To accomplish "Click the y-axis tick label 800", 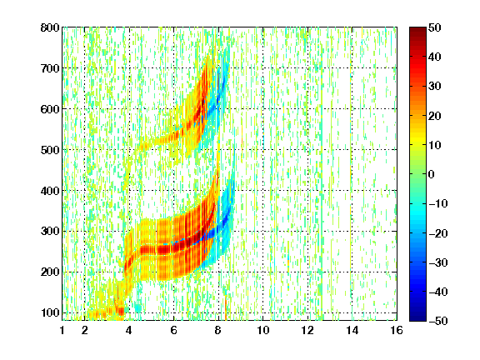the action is pyautogui.click(x=50, y=27).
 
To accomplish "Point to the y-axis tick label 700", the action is pyautogui.click(x=50, y=68).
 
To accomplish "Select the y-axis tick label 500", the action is pyautogui.click(x=50, y=150).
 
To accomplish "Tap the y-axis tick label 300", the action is pyautogui.click(x=50, y=231).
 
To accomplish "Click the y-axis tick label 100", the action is pyautogui.click(x=50, y=312).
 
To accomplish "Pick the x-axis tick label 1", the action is pyautogui.click(x=62, y=330).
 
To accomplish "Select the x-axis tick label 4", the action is pyautogui.click(x=129, y=330).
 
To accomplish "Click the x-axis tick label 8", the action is pyautogui.click(x=217, y=330).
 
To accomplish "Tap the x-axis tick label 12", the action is pyautogui.click(x=307, y=330).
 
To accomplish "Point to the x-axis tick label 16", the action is pyautogui.click(x=397, y=330).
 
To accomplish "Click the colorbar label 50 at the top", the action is pyautogui.click(x=434, y=27).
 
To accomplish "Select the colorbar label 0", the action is pyautogui.click(x=431, y=174).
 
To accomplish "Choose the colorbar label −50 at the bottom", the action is pyautogui.click(x=438, y=321).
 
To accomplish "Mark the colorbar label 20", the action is pyautogui.click(x=434, y=116).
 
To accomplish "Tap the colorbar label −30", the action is pyautogui.click(x=438, y=262).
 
